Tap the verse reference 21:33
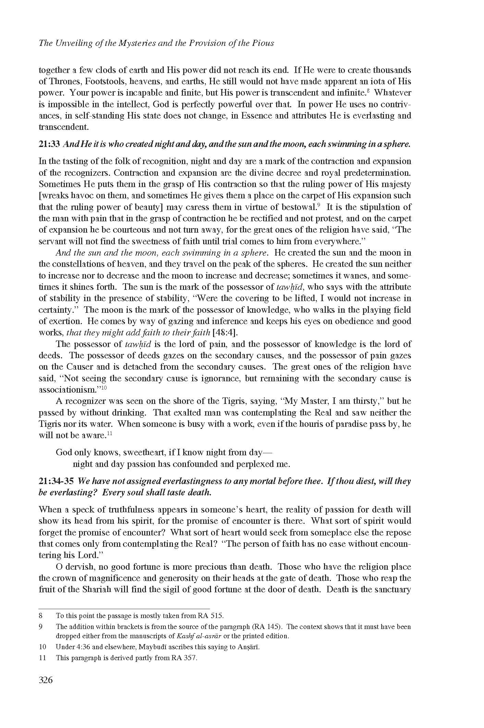(x=50, y=144)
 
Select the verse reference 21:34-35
(x=56, y=481)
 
